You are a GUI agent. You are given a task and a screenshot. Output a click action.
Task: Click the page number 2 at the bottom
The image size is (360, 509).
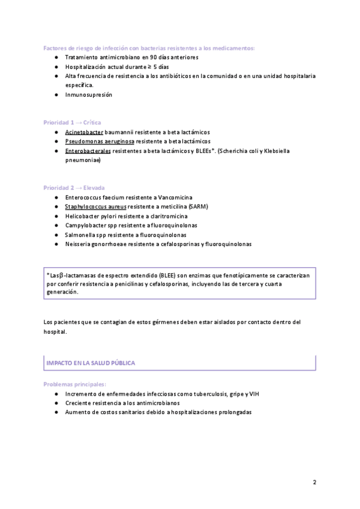[314, 482]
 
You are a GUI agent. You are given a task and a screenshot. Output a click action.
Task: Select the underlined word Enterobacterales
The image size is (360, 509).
[88, 151]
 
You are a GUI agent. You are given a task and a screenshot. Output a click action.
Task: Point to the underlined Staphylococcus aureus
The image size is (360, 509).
[95, 206]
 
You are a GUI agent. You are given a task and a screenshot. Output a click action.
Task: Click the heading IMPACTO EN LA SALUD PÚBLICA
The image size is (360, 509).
[91, 363]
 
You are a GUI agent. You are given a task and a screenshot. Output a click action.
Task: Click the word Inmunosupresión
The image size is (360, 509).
[89, 95]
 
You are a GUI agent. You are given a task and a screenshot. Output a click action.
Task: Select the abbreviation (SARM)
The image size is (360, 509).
[197, 206]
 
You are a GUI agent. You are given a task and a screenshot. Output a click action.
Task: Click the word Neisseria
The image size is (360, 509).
[79, 244]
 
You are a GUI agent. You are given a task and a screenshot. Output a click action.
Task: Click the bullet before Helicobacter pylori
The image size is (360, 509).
[56, 215]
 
